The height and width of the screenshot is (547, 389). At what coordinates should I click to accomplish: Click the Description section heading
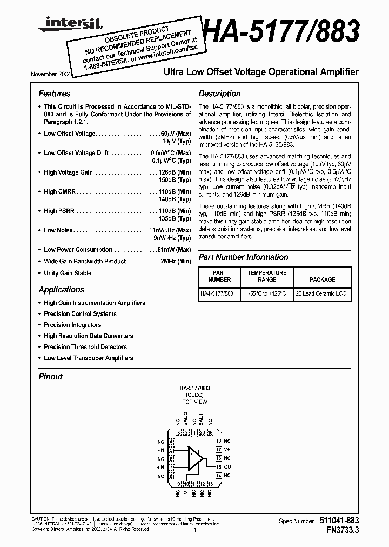(219, 94)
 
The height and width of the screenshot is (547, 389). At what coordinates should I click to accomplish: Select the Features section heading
(55, 94)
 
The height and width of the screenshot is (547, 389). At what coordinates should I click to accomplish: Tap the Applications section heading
(62, 289)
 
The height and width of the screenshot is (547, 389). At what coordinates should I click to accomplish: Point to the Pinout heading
(50, 377)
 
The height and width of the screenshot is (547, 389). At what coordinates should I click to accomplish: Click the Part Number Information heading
(243, 257)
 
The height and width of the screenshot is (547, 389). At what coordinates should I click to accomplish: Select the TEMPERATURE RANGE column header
(267, 276)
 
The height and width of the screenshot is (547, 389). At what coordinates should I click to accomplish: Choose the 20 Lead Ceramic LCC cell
(321, 294)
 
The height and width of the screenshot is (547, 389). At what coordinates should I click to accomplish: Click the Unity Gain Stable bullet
(68, 273)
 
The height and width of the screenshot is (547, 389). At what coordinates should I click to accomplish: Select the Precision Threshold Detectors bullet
(85, 347)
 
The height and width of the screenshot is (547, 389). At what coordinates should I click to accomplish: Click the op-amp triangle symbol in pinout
(194, 458)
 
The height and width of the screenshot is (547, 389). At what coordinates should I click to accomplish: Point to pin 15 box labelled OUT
(218, 466)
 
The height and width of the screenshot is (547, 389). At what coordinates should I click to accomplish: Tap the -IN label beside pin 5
(160, 450)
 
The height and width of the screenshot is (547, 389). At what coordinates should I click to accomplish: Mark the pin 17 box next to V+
(218, 449)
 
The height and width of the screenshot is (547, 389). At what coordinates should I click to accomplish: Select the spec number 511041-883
(338, 521)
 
